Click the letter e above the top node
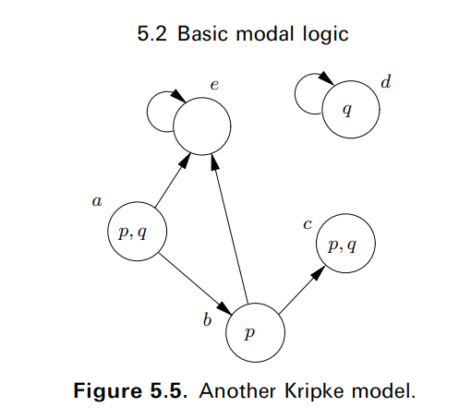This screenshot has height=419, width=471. (x=214, y=86)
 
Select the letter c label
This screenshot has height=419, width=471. (x=308, y=223)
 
